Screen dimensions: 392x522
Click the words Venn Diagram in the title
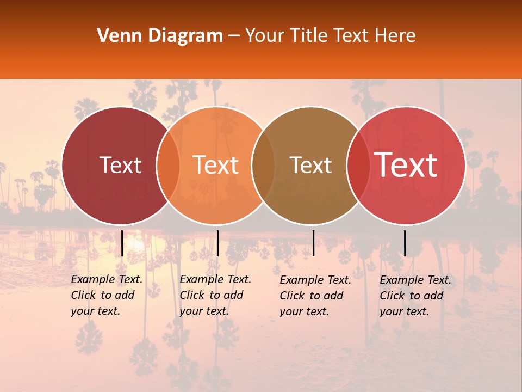tap(160, 36)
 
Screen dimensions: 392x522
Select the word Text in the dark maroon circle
tap(120, 166)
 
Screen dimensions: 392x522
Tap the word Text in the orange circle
tap(215, 166)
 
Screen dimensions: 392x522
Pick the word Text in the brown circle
tap(310, 166)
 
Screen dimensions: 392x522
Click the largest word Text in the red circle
tap(406, 164)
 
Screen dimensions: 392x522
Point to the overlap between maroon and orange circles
tap(168, 166)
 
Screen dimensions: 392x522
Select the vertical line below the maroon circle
tap(122, 243)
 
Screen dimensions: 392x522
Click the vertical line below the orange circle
tap(217, 243)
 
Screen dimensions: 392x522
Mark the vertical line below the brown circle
tap(313, 243)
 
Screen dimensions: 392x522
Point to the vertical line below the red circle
tap(405, 243)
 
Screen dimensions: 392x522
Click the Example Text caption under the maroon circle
tap(107, 295)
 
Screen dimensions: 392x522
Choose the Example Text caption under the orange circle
tap(215, 295)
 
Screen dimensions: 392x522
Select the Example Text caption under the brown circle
tap(315, 296)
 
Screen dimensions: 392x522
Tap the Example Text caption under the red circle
tap(415, 296)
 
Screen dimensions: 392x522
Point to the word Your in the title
tap(264, 36)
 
